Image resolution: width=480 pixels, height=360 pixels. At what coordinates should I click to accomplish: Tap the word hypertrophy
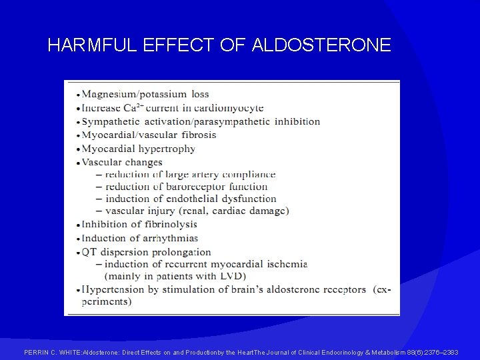(x=166, y=149)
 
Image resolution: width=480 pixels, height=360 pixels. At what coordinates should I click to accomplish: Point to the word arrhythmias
(x=169, y=238)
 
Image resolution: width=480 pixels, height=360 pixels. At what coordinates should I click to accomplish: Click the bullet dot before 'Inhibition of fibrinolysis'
(x=78, y=225)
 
